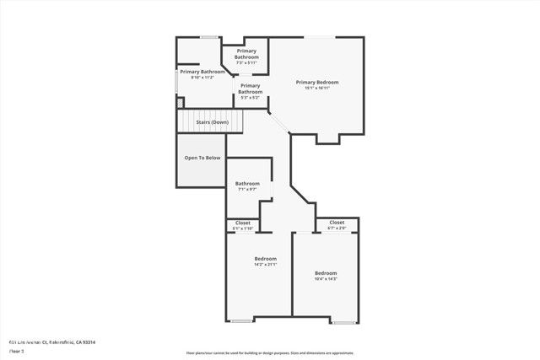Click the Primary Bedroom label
pos(317,82)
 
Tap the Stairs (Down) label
pos(213,122)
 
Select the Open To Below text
pos(202,158)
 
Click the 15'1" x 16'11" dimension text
pos(317,88)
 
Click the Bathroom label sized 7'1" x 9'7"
pos(247,183)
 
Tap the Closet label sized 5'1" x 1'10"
pos(242,223)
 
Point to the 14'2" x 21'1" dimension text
pos(266,265)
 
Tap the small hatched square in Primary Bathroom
pos(180,103)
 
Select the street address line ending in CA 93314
pos(51,342)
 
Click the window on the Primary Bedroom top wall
pos(317,37)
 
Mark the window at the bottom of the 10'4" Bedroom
pos(343,322)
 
